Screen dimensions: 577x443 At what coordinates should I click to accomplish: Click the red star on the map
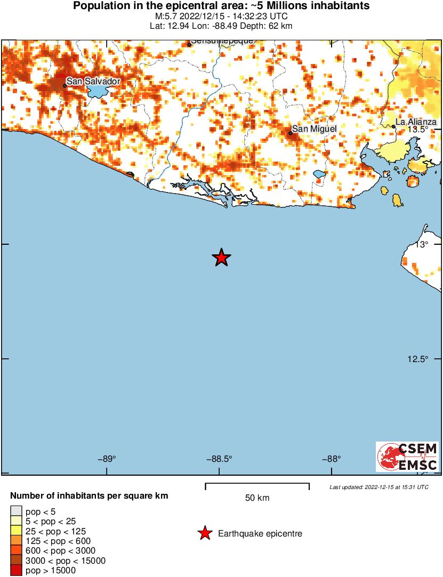click(221, 258)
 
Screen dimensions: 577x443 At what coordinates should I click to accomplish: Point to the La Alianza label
click(416, 122)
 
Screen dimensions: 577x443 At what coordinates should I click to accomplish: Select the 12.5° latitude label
click(418, 359)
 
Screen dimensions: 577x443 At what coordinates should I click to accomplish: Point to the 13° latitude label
click(422, 244)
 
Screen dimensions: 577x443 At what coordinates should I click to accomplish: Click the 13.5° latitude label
click(418, 129)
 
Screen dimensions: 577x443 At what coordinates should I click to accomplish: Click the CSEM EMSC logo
click(407, 457)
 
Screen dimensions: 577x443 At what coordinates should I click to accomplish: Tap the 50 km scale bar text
click(257, 498)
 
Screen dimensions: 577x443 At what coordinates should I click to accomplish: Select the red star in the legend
click(204, 533)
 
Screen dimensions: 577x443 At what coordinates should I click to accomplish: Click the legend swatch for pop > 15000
click(16, 571)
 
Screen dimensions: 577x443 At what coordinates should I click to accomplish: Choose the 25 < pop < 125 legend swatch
click(16, 532)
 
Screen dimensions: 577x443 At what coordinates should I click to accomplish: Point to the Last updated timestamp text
click(378, 487)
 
